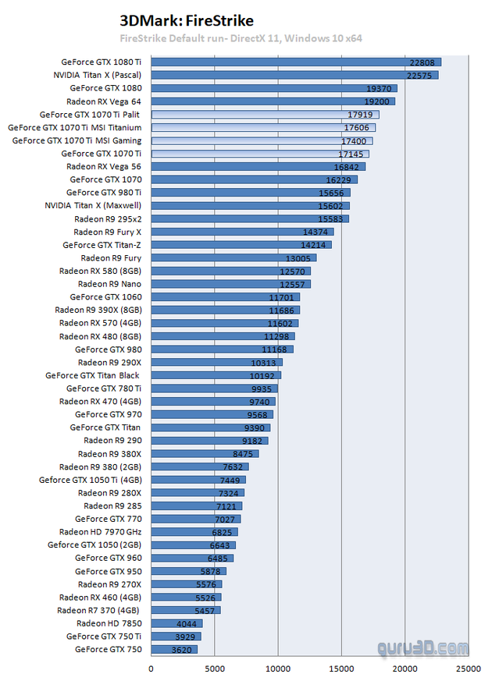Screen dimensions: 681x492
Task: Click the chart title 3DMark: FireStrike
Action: click(x=187, y=20)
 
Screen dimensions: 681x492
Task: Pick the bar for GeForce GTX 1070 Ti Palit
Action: click(x=265, y=115)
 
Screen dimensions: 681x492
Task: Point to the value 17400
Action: click(x=354, y=140)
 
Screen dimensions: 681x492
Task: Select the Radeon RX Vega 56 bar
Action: click(x=258, y=166)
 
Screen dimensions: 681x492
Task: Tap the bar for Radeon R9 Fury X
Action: click(x=242, y=232)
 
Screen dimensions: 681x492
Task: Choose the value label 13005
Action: click(x=298, y=258)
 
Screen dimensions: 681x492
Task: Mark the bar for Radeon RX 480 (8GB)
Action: click(x=223, y=336)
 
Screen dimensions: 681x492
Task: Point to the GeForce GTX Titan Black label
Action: click(x=92, y=375)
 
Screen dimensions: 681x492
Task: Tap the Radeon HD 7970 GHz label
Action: click(x=100, y=532)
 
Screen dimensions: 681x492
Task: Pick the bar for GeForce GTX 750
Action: click(x=173, y=649)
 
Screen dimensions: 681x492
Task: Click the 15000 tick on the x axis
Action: click(x=341, y=669)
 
